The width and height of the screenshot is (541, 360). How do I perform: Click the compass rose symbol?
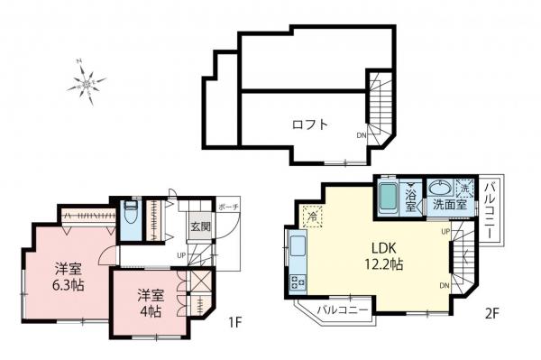87,85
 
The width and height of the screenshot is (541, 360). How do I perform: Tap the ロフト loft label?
309,125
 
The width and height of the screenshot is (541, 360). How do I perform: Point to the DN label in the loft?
362,135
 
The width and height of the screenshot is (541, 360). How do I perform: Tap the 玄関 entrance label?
198,226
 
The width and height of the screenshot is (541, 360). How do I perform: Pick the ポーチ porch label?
227,206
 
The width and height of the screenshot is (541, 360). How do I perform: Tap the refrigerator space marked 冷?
311,217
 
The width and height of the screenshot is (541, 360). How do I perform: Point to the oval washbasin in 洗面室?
442,189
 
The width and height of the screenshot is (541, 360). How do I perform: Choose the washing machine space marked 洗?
466,189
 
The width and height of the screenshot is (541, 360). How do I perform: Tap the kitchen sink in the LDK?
297,245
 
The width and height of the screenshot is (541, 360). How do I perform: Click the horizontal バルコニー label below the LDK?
342,311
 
